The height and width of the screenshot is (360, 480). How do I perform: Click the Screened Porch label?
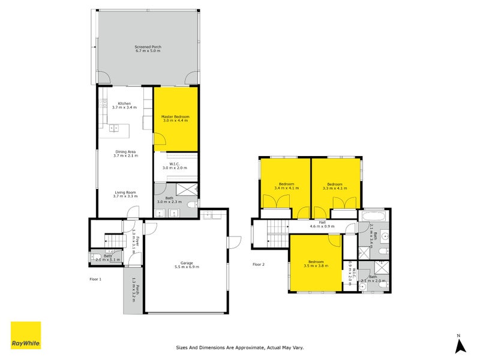click(148, 47)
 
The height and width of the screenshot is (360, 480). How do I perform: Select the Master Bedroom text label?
click(175, 116)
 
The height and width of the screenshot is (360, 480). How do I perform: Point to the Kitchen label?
click(124, 103)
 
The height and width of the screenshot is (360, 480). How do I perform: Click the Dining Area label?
click(127, 152)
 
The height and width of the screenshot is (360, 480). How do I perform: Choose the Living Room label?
click(126, 192)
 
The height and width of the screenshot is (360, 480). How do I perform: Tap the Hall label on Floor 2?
click(322, 222)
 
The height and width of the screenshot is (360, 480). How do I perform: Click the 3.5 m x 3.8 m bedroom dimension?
click(316, 266)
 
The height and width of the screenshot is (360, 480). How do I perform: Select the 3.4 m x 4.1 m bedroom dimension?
click(286, 188)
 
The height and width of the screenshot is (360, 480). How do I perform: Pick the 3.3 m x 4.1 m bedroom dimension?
click(335, 188)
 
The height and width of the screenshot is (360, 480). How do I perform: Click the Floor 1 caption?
click(95, 279)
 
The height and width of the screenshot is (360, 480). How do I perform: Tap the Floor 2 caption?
click(259, 264)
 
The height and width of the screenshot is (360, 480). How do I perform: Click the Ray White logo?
click(26, 335)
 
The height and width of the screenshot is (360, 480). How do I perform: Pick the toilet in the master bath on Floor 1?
click(191, 205)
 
